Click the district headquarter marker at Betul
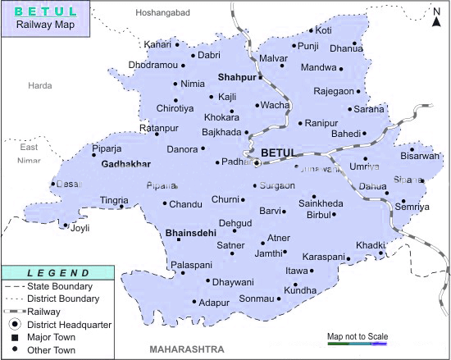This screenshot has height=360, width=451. [x=257, y=163]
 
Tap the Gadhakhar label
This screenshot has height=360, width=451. [x=125, y=164]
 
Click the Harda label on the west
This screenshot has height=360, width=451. [x=39, y=85]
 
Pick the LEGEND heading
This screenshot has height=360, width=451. [x=58, y=273]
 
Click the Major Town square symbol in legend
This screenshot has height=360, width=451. [x=13, y=336]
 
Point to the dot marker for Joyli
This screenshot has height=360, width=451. [x=66, y=226]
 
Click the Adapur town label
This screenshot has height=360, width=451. [x=214, y=303]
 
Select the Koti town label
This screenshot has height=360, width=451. [x=323, y=30]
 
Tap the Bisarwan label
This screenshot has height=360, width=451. [x=420, y=156]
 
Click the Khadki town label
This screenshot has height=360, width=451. [x=369, y=245]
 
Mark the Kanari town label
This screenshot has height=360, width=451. [x=157, y=44]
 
